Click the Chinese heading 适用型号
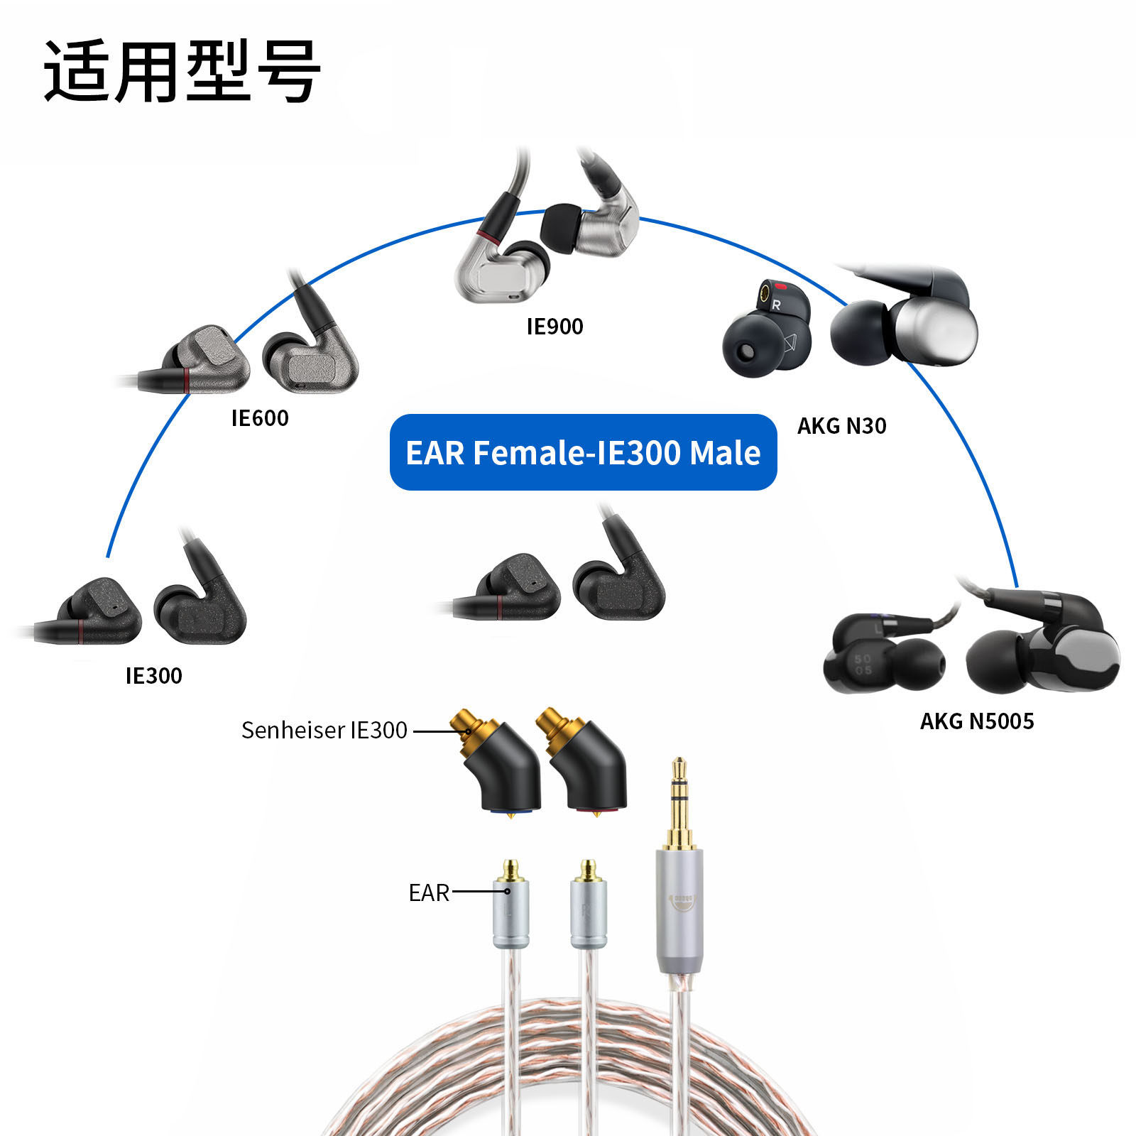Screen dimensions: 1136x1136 click(x=182, y=71)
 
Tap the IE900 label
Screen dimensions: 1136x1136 click(x=555, y=327)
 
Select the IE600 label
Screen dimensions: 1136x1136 click(x=260, y=418)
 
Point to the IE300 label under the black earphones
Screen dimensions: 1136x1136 click(x=153, y=676)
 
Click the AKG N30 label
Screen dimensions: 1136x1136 click(x=841, y=426)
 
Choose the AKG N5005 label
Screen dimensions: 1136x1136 click(x=977, y=721)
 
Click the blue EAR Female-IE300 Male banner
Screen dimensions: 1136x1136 click(x=583, y=452)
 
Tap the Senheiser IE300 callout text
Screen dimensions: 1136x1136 click(x=324, y=730)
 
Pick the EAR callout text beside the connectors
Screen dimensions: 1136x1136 click(x=429, y=892)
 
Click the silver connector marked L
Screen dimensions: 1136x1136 click(x=510, y=912)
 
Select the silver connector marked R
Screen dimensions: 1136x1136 click(x=588, y=912)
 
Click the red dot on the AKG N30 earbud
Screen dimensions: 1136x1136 click(x=781, y=288)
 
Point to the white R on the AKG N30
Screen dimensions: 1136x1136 click(x=776, y=305)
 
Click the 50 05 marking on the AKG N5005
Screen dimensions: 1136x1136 click(x=863, y=665)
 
